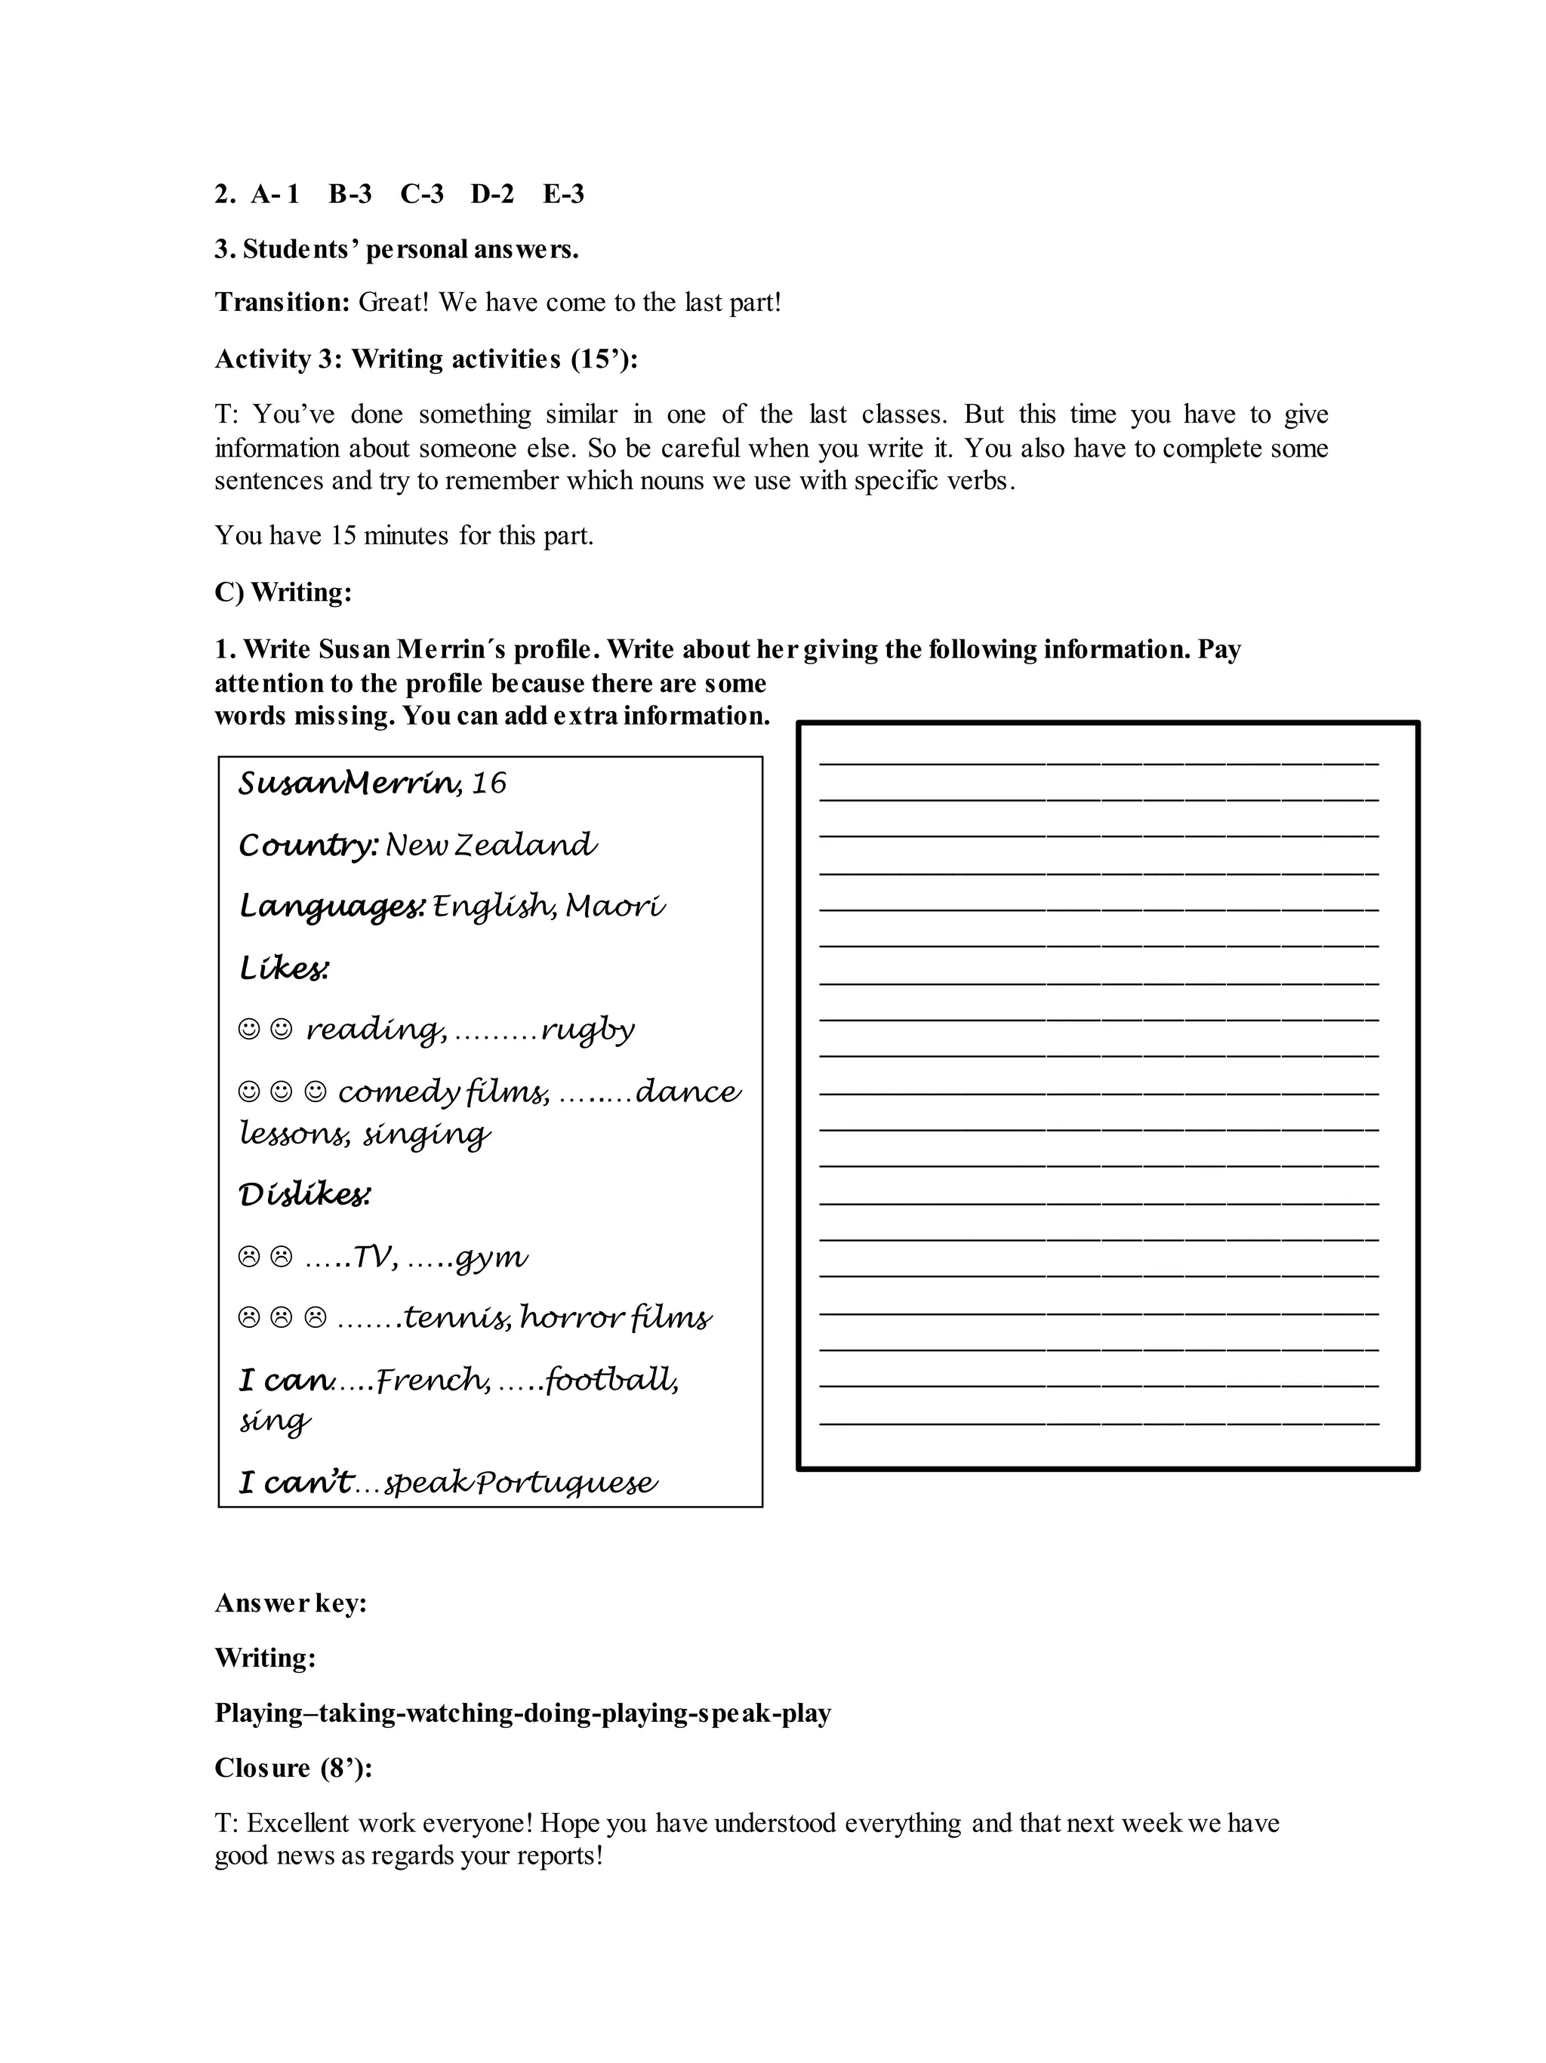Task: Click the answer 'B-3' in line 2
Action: (x=350, y=194)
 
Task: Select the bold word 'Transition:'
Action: (x=282, y=302)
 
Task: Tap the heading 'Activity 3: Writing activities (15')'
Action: (x=425, y=359)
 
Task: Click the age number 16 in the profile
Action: (x=488, y=784)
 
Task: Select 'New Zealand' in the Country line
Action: (x=491, y=845)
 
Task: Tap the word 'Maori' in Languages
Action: (x=615, y=907)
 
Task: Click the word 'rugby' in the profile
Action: (x=588, y=1030)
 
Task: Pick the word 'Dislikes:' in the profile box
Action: (x=305, y=1195)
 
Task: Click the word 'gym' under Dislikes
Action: (x=492, y=1258)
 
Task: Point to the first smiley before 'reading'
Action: (x=249, y=1029)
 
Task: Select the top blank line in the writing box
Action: (x=1098, y=764)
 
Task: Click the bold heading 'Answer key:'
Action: (x=290, y=1603)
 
